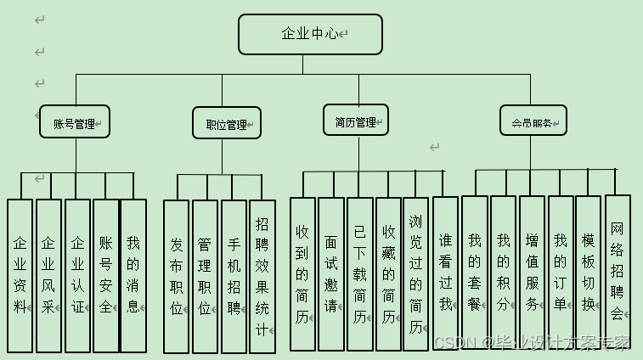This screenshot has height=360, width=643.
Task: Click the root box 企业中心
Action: (310, 34)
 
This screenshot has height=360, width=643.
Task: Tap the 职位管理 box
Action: (227, 124)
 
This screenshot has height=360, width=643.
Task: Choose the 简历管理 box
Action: (355, 121)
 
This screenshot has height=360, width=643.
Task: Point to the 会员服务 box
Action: (533, 121)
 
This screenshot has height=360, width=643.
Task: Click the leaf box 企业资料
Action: (20, 275)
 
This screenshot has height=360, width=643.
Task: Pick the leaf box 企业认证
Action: (77, 275)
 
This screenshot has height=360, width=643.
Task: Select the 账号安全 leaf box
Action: (105, 275)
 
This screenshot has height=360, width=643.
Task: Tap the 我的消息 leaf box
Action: (133, 275)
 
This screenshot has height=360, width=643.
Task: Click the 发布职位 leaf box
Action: (176, 276)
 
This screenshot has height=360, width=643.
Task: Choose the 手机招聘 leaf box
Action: (234, 276)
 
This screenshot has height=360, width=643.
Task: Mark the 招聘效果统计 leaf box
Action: (262, 276)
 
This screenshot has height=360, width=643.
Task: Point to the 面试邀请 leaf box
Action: (331, 273)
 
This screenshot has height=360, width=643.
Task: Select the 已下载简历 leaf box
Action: (360, 273)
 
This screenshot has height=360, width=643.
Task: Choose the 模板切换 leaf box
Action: (589, 270)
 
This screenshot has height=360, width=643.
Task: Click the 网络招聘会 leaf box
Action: (618, 270)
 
